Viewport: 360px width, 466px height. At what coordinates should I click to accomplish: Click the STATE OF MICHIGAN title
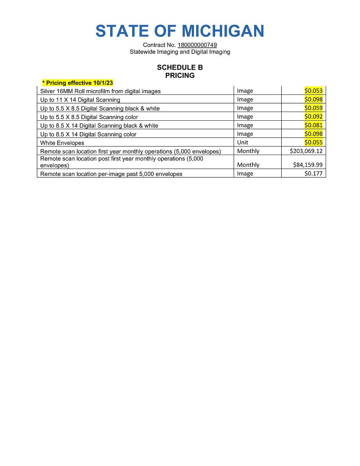coord(180,31)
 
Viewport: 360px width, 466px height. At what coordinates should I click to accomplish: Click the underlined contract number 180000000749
coord(197,45)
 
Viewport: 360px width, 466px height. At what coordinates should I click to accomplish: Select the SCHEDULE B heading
coord(180,67)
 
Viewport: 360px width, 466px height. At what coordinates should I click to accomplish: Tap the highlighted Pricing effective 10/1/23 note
coord(78,83)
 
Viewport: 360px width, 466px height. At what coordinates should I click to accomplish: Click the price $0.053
coord(313,91)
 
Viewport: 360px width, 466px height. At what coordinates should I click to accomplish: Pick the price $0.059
coord(313,108)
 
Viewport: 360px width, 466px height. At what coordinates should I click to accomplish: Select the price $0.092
coord(313,116)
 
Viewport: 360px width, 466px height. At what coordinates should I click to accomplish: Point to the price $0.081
coord(313,125)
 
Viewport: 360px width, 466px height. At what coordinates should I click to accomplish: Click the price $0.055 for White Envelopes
coord(313,142)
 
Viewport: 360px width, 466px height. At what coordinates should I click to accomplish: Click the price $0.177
coord(313,173)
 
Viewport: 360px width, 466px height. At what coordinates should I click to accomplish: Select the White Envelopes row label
coord(62,143)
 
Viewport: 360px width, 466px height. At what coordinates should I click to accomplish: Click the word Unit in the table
coord(243,142)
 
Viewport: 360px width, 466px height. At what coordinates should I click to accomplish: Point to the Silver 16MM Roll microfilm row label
coord(100,91)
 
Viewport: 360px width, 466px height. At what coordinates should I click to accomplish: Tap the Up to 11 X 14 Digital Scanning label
coord(80,100)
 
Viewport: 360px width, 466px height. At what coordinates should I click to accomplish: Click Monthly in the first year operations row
coord(248,151)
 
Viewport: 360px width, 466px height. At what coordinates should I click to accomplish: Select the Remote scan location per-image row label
coord(111,174)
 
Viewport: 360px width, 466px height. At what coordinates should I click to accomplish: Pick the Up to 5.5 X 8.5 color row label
coord(89,117)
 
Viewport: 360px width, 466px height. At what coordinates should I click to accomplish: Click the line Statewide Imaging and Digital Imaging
coord(180,52)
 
